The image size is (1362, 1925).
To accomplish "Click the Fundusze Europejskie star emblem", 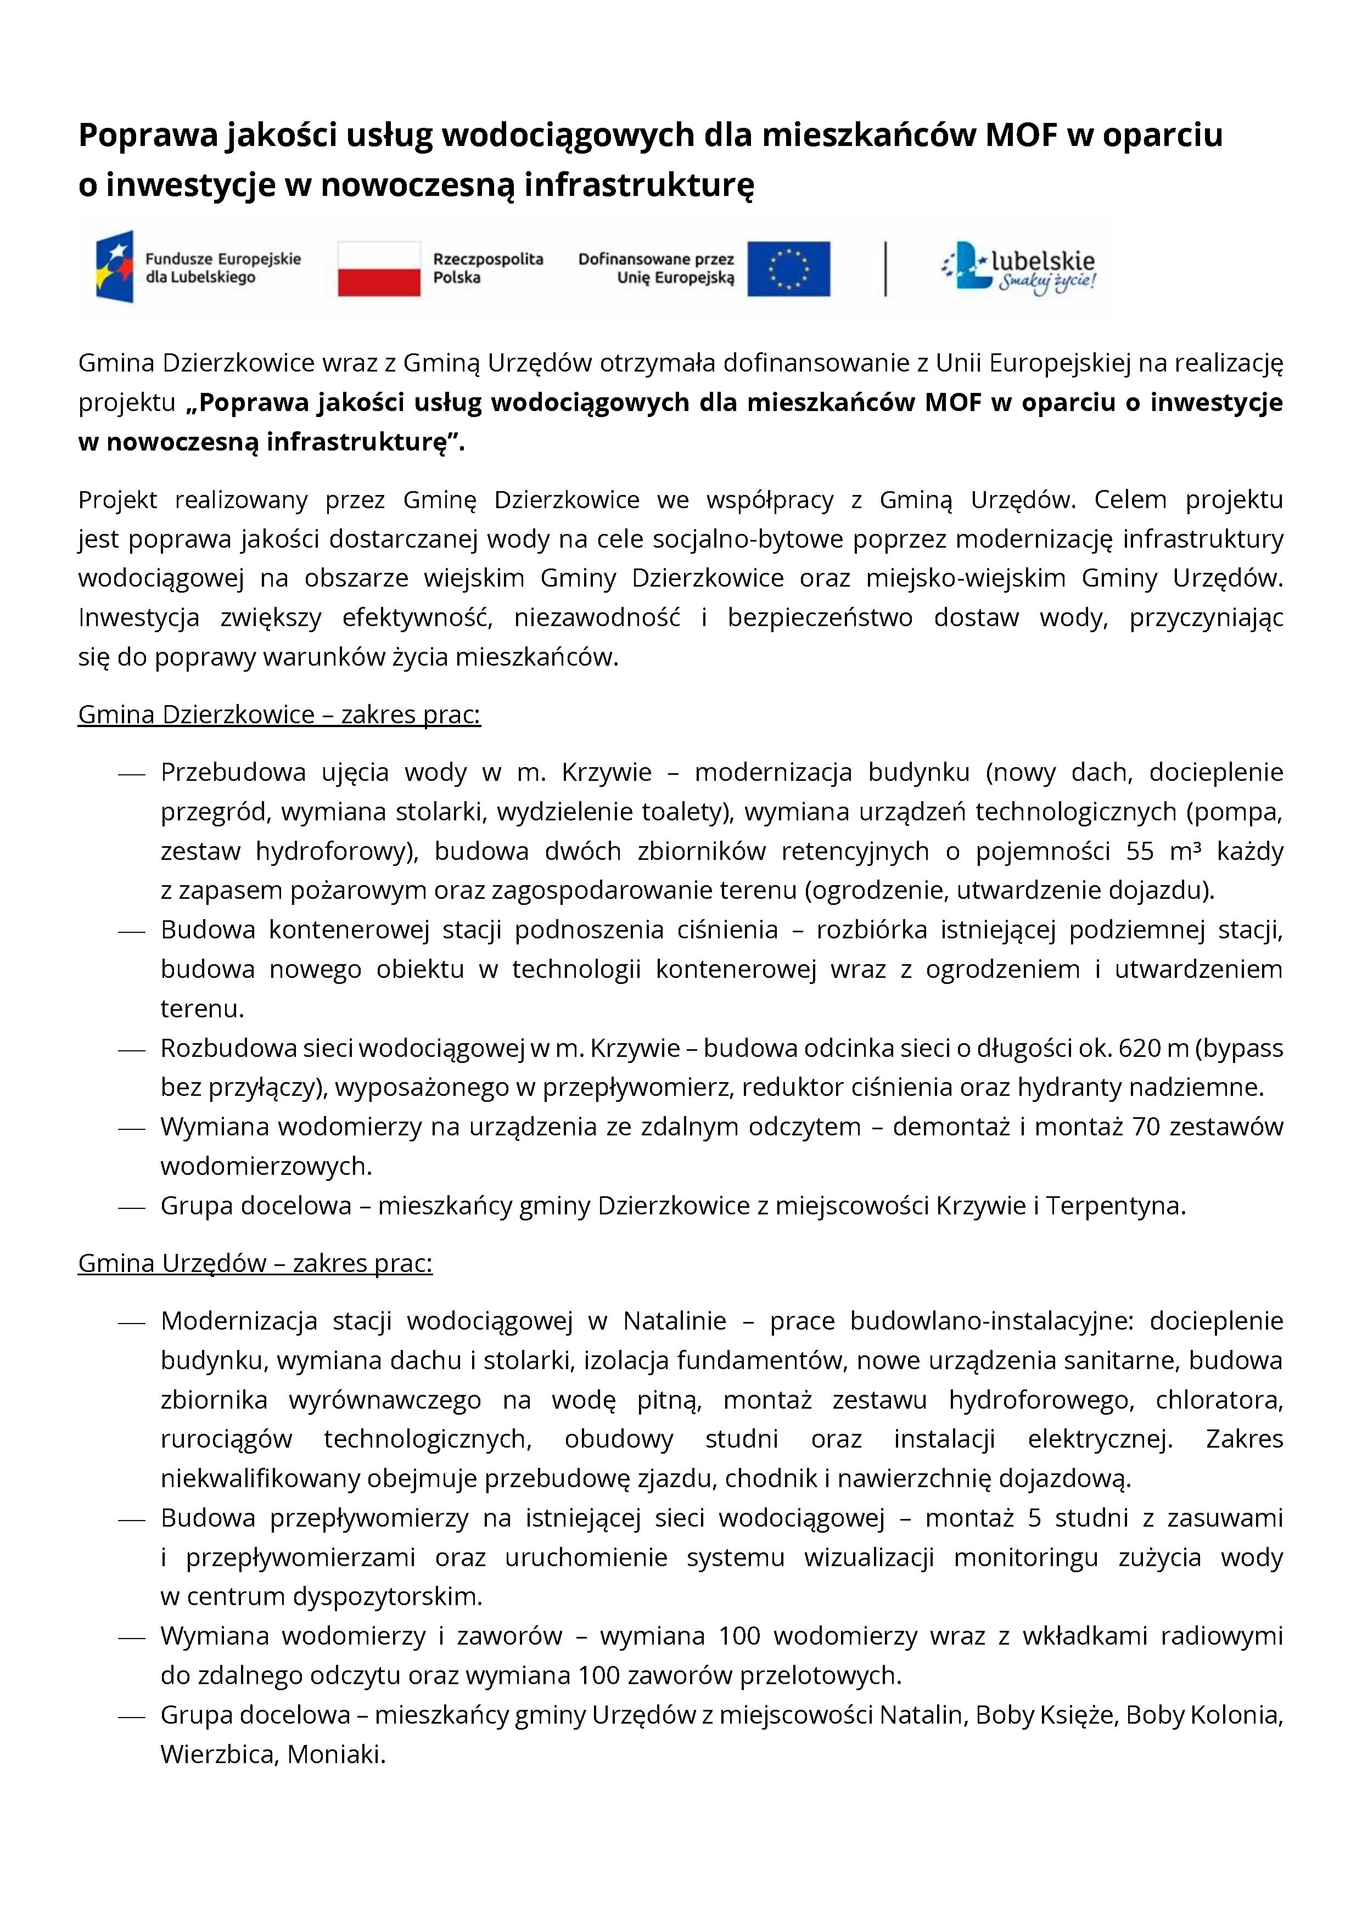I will point(115,267).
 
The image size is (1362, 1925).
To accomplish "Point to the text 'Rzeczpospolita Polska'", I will point(487,268).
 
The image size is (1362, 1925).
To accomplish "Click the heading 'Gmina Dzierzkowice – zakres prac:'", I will point(279,714).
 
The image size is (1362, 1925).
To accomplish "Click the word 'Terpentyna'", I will point(1114,1206).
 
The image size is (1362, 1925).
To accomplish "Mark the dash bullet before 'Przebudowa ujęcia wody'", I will point(132,773).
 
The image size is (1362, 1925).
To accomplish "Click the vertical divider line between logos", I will point(885,268).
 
